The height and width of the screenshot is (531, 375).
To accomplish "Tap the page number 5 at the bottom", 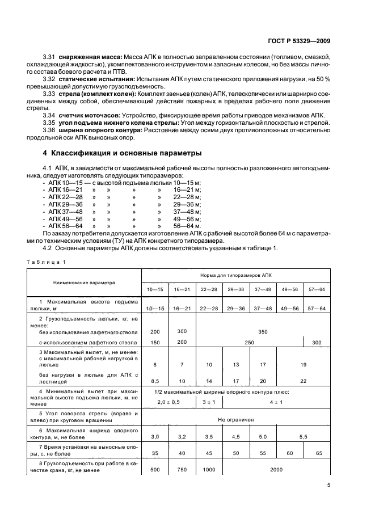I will click(329, 486).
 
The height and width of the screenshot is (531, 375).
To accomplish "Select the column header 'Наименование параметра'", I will click(84, 282).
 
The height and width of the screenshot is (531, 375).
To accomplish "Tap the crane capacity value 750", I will click(182, 470).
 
